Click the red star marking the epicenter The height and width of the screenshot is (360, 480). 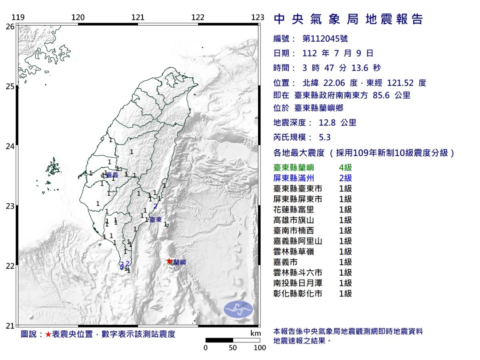pos(169,261)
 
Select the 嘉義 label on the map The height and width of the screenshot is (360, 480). pos(112,175)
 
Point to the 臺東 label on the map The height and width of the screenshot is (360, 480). pos(156,220)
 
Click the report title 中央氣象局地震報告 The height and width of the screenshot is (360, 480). pos(348,19)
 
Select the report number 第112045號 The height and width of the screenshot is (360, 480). pos(325,39)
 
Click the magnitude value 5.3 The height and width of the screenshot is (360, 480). pos(325,137)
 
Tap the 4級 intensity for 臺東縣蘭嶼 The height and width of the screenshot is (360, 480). pos(345,168)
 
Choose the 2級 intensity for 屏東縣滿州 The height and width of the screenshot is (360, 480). pos(345,178)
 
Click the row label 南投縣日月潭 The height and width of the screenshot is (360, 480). pos(298,283)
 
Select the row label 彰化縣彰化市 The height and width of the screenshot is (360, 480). pos(298,294)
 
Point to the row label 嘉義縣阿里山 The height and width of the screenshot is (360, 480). pos(298,241)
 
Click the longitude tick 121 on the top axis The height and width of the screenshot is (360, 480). pos(138,17)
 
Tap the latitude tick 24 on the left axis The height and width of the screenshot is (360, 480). pos(10,146)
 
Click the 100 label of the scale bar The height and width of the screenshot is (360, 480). pos(260,348)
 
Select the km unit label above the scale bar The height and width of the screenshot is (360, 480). pos(256,333)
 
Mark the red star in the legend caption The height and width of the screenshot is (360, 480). pos(48,334)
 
